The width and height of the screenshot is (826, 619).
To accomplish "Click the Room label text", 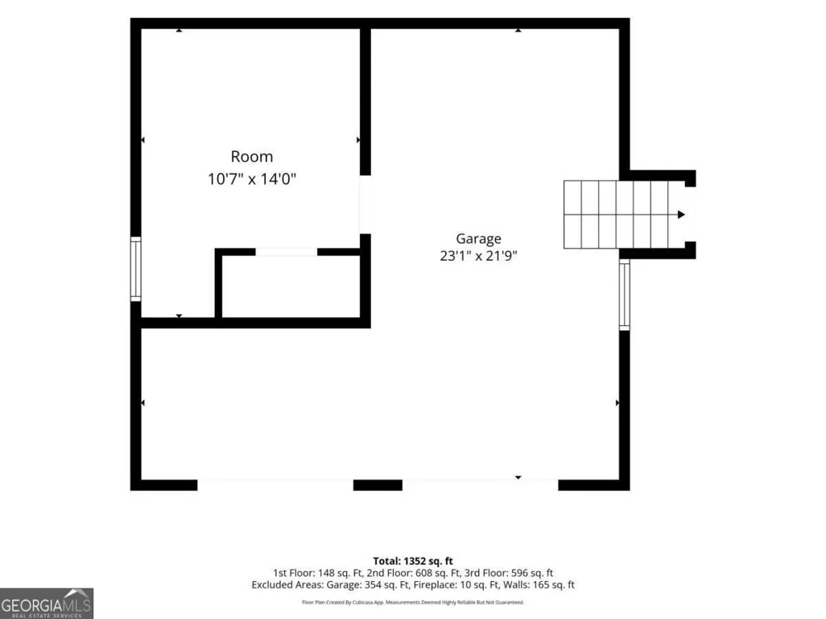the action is pyautogui.click(x=252, y=156).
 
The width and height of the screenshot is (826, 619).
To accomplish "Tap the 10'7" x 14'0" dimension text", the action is pyautogui.click(x=252, y=179).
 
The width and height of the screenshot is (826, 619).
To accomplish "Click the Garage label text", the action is pyautogui.click(x=478, y=239).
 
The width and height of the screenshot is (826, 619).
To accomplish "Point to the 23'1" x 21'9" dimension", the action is pyautogui.click(x=478, y=256).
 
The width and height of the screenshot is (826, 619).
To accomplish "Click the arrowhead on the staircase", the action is pyautogui.click(x=681, y=215).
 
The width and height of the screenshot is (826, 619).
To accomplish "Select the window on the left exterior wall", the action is pyautogui.click(x=135, y=269).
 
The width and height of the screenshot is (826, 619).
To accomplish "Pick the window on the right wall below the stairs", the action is pyautogui.click(x=624, y=295).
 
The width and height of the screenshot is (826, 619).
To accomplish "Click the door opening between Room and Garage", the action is pyautogui.click(x=365, y=204).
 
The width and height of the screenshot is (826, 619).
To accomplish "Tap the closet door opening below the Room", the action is pyautogui.click(x=286, y=252).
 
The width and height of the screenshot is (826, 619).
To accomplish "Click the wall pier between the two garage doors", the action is pyautogui.click(x=377, y=484).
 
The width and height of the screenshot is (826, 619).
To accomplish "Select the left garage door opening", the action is pyautogui.click(x=275, y=484).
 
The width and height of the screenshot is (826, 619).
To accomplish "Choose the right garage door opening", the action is pyautogui.click(x=481, y=484).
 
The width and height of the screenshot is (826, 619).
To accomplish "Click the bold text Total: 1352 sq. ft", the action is pyautogui.click(x=413, y=561).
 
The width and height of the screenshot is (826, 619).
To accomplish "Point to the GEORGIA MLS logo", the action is pyautogui.click(x=46, y=603).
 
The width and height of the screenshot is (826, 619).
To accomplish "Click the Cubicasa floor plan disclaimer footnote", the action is pyautogui.click(x=413, y=602).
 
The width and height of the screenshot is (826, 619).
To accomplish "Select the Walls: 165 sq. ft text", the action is pyautogui.click(x=539, y=585).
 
